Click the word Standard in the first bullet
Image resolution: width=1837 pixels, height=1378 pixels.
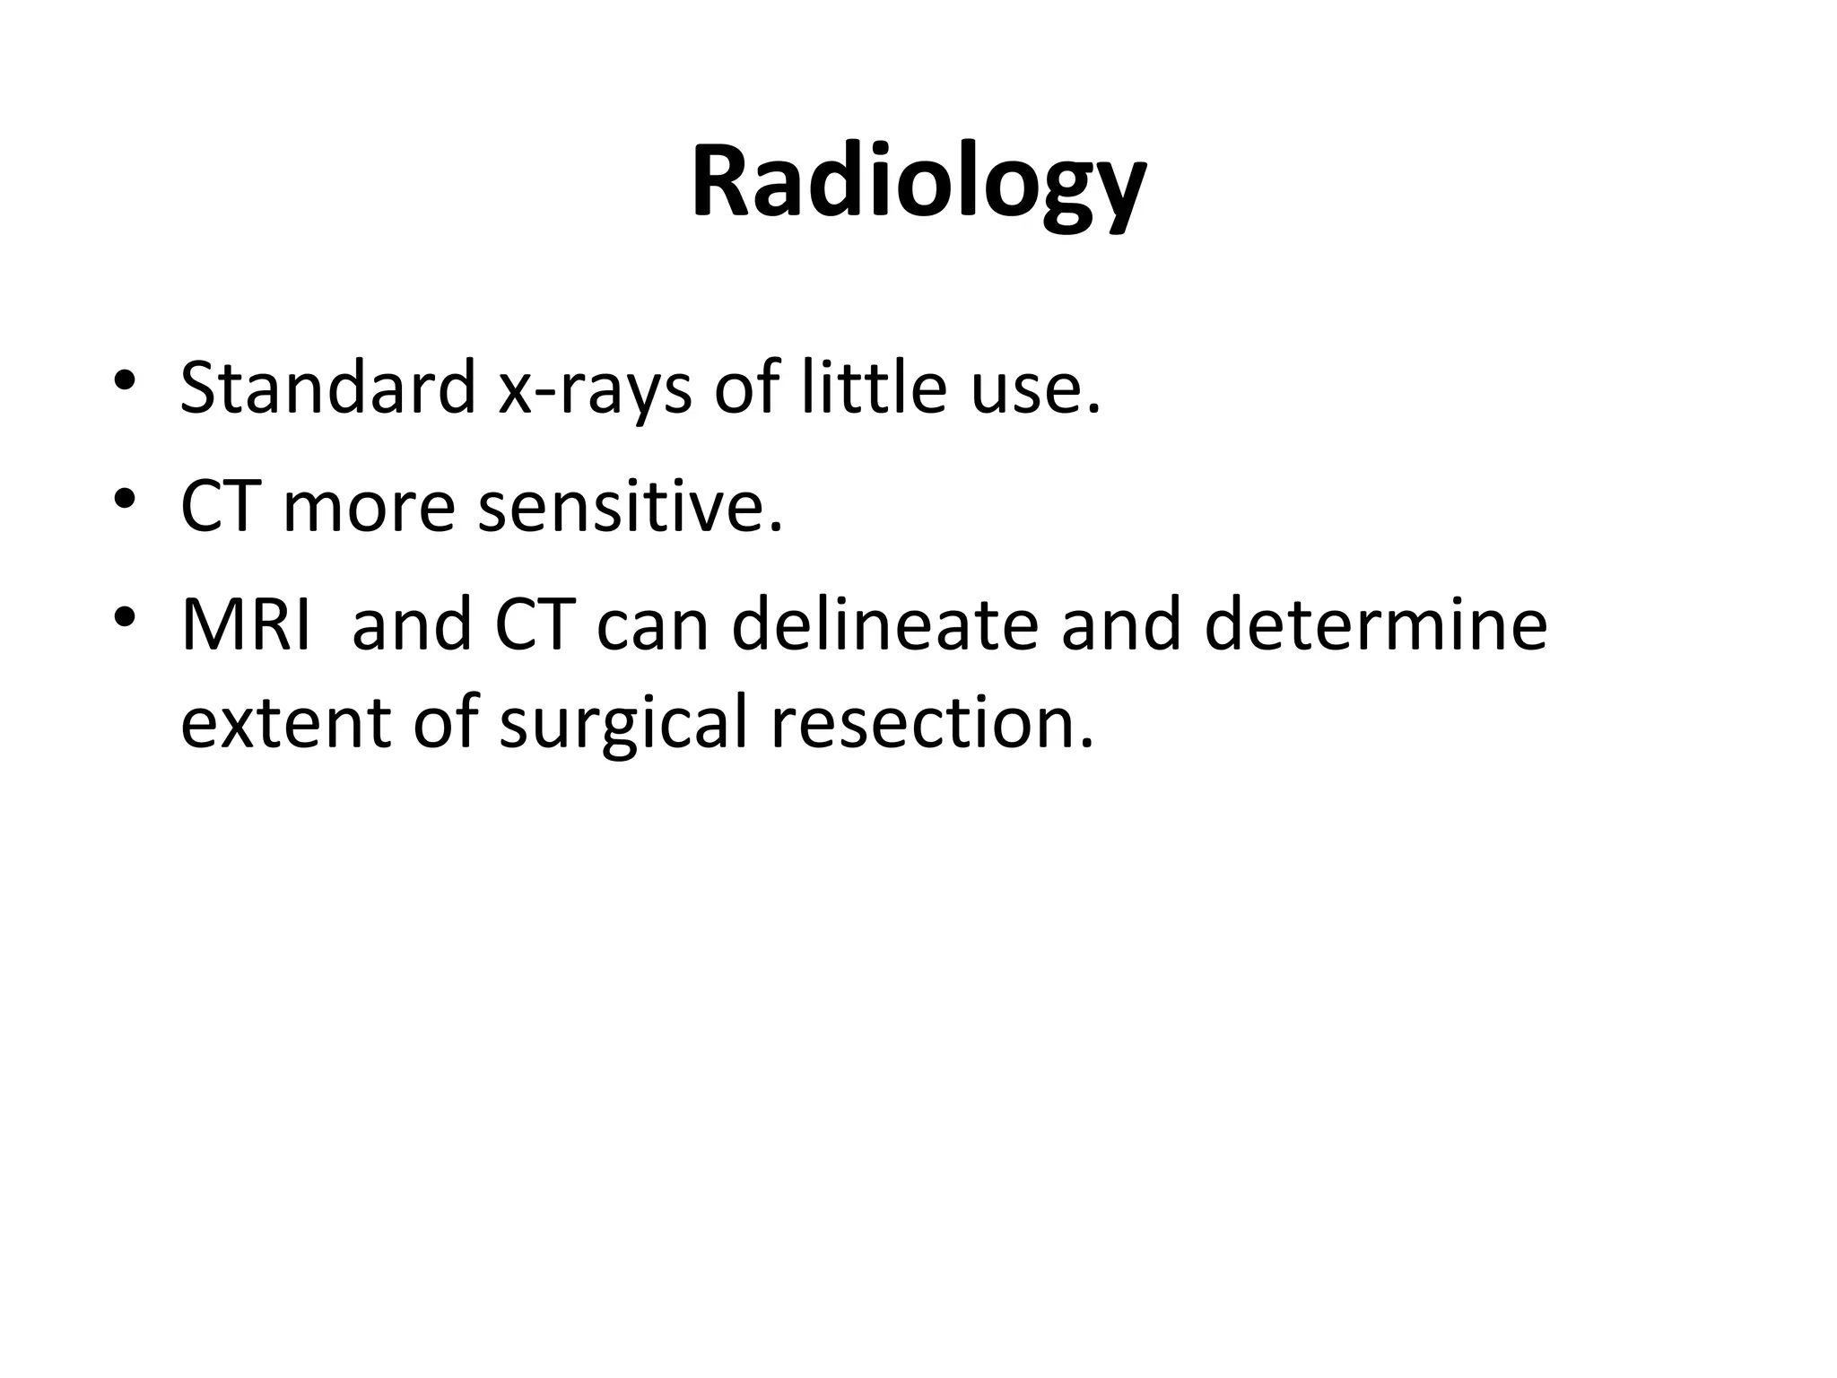327,388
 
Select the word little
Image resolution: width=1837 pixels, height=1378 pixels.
874,388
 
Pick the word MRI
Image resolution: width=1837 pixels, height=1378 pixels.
246,624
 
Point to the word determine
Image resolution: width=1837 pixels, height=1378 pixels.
1376,624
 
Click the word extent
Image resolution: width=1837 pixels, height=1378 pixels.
285,723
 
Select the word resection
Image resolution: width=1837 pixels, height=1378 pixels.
933,723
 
